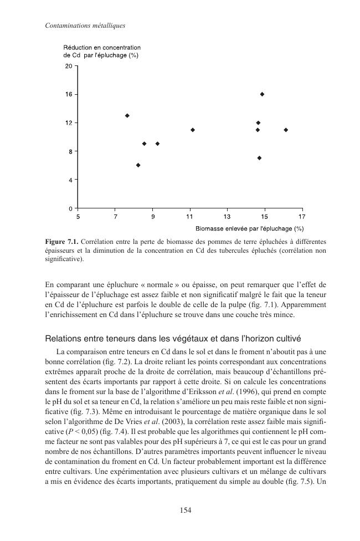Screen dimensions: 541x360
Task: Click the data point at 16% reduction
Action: (262, 94)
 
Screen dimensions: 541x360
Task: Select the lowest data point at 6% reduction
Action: (138, 165)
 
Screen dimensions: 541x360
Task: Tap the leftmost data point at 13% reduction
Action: (127, 115)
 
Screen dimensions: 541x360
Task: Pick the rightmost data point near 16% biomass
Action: (286, 130)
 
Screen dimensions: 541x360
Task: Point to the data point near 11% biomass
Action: (192, 130)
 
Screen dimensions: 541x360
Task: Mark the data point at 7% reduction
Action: (259, 158)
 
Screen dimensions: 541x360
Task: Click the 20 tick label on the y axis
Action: (69, 66)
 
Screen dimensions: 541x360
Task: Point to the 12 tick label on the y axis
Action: (69, 123)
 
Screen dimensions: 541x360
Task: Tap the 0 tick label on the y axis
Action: (70, 208)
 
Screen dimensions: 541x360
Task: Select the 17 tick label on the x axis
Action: (301, 217)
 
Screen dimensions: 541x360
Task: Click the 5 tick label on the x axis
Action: (78, 217)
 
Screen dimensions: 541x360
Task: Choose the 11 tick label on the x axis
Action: (189, 217)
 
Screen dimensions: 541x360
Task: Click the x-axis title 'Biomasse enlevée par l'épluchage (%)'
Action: (249, 228)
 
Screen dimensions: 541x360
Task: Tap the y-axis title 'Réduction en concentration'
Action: (102, 48)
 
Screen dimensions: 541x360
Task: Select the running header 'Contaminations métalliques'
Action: (78, 25)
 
